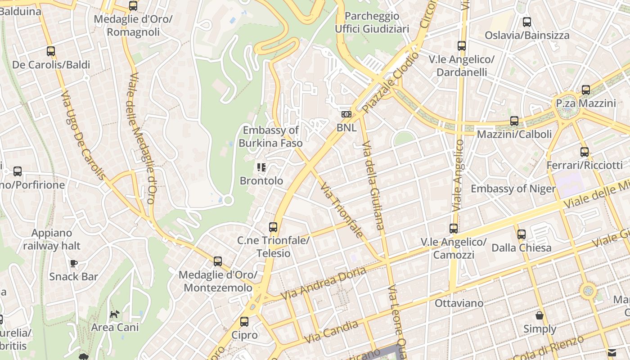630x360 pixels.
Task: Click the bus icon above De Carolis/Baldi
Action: [51, 51]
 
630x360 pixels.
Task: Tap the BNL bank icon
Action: [346, 114]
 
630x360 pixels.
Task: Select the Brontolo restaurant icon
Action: [261, 168]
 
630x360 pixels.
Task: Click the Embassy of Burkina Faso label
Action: [270, 137]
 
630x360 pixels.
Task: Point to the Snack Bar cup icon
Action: [73, 263]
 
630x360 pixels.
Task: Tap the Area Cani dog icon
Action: [115, 314]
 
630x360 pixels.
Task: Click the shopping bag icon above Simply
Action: [540, 315]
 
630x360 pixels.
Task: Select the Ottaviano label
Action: [459, 303]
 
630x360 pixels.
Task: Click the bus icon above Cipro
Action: [244, 322]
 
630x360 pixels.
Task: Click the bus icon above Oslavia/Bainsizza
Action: [527, 22]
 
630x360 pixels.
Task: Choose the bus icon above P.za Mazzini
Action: [586, 90]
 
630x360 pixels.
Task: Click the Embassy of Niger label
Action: [513, 189]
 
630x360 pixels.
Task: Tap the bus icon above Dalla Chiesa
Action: [521, 234]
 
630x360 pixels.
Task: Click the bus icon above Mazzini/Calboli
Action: [514, 121]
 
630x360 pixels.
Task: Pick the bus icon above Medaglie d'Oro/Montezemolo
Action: [218, 261]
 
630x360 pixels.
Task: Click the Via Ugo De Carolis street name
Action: [83, 135]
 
